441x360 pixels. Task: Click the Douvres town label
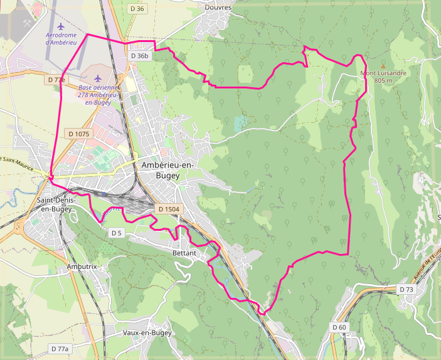218,8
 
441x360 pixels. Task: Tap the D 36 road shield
136,9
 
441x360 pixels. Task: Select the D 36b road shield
140,56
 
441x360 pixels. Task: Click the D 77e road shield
56,80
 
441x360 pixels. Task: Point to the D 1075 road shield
78,134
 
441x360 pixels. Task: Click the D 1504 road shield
169,209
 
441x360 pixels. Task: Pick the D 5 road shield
116,233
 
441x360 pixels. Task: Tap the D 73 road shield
406,289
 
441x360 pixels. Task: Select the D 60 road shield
339,327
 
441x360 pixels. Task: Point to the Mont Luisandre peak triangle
383,65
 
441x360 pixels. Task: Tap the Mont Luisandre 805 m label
383,77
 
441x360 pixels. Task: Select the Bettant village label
184,253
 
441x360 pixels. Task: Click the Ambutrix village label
82,267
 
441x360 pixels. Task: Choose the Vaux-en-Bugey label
147,332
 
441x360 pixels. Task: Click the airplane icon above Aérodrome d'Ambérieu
60,26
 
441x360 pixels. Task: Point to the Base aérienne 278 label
98,94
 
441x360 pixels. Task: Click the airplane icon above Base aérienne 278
98,78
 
